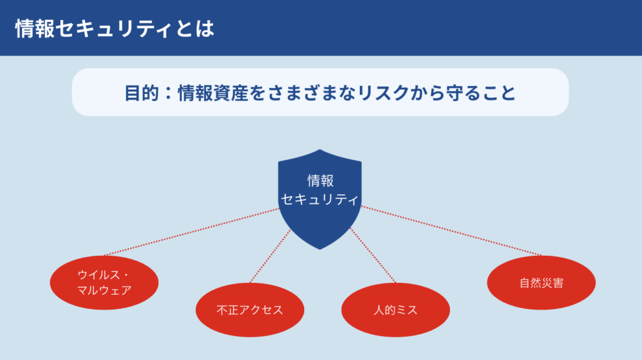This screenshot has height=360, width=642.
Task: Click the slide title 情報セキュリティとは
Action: point(115,29)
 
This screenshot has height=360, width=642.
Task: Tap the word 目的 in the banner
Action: point(142,93)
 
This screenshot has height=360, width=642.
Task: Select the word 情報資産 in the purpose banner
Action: point(213,93)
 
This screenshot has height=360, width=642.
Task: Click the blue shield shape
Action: point(320,199)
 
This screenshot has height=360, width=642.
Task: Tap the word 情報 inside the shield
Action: point(320,180)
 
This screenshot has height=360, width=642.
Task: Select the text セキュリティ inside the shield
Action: point(320,199)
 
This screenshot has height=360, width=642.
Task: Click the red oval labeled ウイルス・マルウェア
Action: point(104,283)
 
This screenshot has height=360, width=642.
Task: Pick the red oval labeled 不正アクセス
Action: point(250,310)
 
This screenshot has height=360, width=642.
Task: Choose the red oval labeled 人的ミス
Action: point(396,310)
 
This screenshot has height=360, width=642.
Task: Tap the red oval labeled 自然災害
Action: point(541,283)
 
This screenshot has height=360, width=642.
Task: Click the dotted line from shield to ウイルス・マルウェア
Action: point(192,232)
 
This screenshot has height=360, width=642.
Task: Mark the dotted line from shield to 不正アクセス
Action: point(270,256)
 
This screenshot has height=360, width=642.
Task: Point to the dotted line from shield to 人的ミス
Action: point(373,255)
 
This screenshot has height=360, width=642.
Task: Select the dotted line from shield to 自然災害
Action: point(451,231)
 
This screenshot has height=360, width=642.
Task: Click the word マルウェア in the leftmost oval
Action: point(105,290)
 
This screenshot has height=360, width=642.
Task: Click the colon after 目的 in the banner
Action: point(168,93)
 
